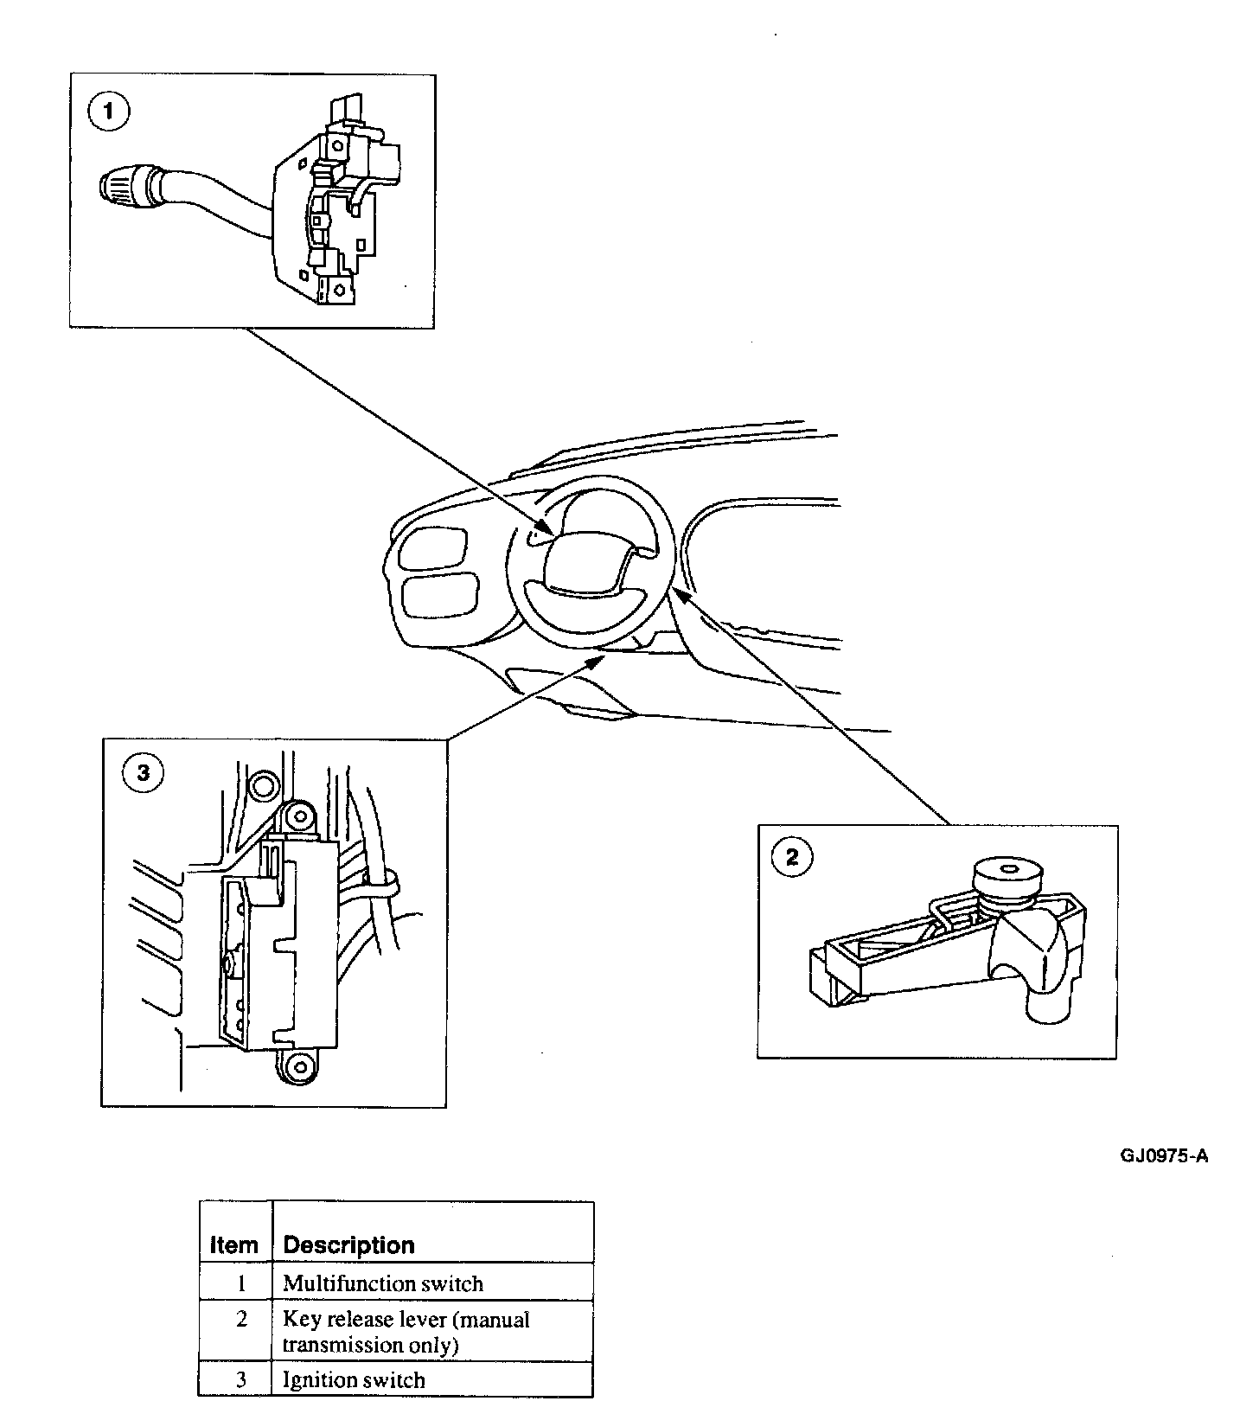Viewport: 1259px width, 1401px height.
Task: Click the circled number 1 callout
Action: pos(109,113)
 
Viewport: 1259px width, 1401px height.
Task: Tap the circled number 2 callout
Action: pos(792,858)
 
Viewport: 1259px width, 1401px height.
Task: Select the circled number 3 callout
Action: pos(144,772)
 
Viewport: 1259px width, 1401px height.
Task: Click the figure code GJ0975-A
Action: pos(1164,1156)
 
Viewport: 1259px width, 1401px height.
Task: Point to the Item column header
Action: pos(234,1245)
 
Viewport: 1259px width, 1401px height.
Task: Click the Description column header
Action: pos(349,1245)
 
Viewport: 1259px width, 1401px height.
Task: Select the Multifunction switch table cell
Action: pos(383,1283)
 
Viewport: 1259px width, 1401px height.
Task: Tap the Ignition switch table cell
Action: pos(355,1380)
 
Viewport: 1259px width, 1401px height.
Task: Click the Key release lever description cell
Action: pos(406,1332)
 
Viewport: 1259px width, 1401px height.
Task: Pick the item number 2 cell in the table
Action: pos(241,1321)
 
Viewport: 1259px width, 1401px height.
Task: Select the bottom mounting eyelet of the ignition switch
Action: pos(297,1064)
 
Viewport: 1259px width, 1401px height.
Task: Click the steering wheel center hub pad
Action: pos(584,565)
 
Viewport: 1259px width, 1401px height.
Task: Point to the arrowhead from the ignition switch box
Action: pos(598,661)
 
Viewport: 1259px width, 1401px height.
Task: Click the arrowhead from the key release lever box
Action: pos(680,596)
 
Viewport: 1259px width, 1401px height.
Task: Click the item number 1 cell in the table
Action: pos(241,1283)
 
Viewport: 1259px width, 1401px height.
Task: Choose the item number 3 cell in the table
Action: pos(241,1380)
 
